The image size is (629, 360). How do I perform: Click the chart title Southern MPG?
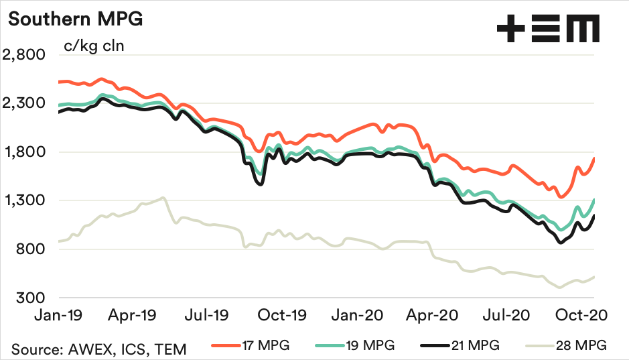coord(75,19)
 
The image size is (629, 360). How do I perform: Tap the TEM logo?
coord(547,29)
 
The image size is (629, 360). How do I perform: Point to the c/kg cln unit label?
coord(94,46)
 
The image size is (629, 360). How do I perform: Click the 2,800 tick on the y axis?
coord(24,55)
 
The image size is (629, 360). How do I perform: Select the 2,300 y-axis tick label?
coord(24,103)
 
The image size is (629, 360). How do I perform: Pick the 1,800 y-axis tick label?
coord(24,152)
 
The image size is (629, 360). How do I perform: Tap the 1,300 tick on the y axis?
coord(24,200)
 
